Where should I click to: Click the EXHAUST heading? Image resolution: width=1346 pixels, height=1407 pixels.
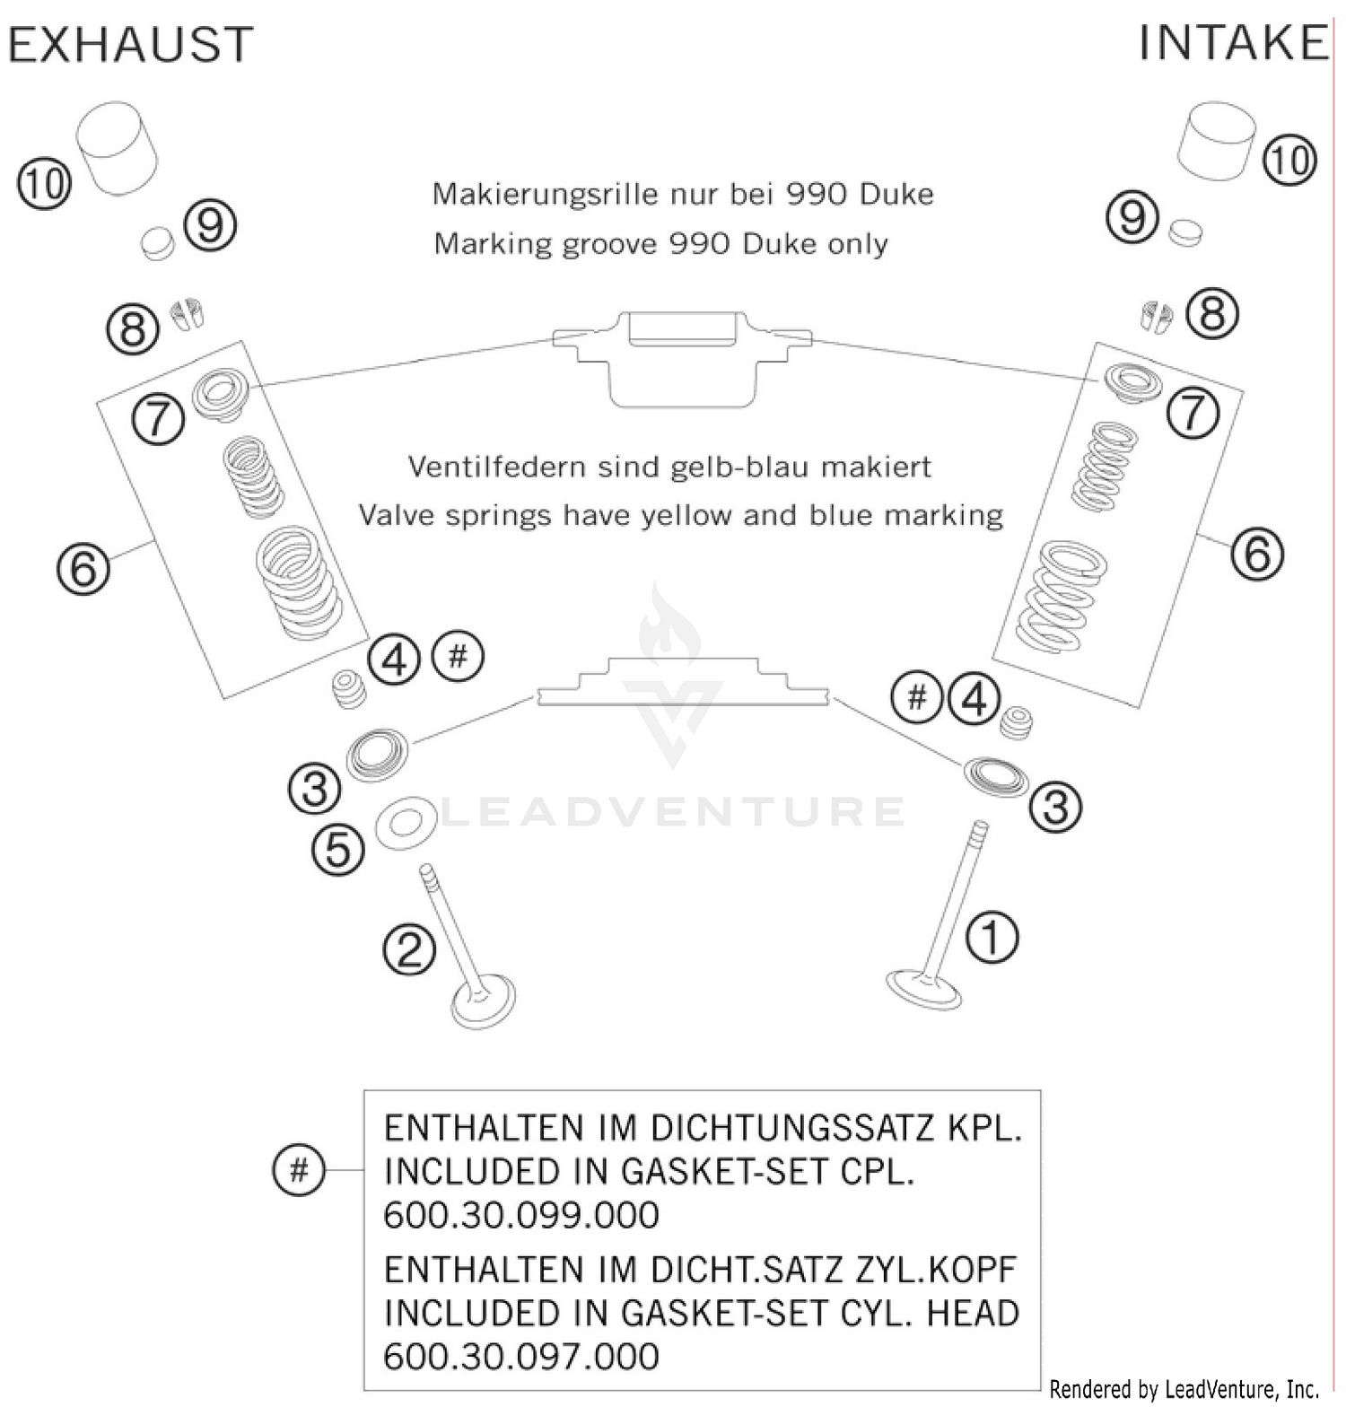click(131, 45)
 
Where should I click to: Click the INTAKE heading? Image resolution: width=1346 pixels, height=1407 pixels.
click(1233, 43)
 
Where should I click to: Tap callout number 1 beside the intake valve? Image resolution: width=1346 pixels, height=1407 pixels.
click(992, 938)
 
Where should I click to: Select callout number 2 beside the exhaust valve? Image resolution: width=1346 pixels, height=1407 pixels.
click(409, 949)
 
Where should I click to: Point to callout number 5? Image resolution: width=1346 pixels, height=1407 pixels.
click(338, 849)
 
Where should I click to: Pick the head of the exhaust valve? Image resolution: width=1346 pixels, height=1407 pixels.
click(484, 1001)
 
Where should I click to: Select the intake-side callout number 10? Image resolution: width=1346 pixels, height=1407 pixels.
click(1289, 161)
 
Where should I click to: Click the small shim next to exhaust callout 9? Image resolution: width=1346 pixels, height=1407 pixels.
click(159, 242)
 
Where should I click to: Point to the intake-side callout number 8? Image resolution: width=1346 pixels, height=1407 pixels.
click(1212, 314)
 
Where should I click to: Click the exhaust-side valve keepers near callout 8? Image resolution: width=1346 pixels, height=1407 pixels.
click(188, 314)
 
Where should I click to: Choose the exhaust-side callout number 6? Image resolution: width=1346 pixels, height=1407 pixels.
click(83, 568)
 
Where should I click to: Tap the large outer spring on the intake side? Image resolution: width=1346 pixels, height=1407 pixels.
click(1061, 596)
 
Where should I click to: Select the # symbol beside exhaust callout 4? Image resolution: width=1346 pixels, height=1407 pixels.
click(458, 657)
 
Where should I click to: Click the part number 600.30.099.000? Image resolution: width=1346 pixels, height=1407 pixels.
click(521, 1215)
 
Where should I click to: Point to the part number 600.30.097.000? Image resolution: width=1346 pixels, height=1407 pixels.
click(521, 1356)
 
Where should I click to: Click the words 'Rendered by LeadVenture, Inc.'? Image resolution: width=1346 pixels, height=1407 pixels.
click(1184, 1389)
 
